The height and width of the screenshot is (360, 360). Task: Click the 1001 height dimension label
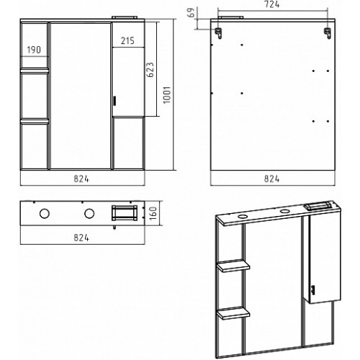167,95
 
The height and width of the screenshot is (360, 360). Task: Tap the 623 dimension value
150,70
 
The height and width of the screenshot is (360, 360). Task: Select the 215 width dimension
127,41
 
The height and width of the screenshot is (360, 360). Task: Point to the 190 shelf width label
34,50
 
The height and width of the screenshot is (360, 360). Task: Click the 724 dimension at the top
271,5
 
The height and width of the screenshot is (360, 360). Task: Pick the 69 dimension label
192,12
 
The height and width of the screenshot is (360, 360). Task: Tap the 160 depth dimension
153,213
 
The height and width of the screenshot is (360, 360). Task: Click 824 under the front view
81,179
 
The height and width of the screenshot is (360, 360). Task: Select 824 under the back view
271,179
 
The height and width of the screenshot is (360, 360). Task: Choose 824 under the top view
81,238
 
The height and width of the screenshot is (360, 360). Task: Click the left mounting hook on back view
218,33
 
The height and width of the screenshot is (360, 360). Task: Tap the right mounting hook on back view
328,33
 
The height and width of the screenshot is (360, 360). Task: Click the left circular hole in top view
45,213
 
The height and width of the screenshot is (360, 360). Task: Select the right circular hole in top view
89,213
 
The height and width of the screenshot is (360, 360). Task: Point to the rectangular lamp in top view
125,212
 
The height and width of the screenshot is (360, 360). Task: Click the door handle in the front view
114,101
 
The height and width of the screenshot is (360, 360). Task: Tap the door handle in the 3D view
312,289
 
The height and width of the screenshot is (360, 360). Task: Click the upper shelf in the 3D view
233,266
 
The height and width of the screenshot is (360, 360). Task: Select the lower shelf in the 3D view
233,313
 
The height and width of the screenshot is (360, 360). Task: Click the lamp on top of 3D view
318,207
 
